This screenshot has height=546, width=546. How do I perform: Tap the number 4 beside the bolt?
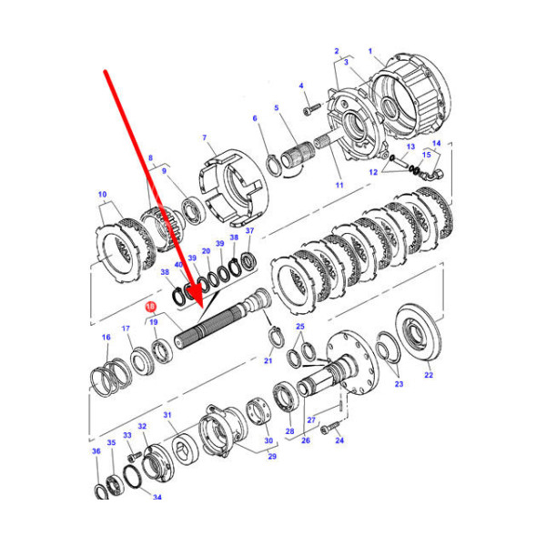coord(301,86)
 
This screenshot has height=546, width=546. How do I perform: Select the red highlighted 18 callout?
coord(150,308)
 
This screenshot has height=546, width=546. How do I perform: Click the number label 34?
coord(157,497)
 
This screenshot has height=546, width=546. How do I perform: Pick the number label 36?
coord(96,450)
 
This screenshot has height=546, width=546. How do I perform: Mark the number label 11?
coord(339,185)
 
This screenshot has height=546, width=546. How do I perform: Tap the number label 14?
coord(436,143)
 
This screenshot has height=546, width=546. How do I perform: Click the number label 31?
coord(167,415)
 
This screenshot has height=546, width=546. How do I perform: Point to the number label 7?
coord(206,137)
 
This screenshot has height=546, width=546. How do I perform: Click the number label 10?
coord(102,194)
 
